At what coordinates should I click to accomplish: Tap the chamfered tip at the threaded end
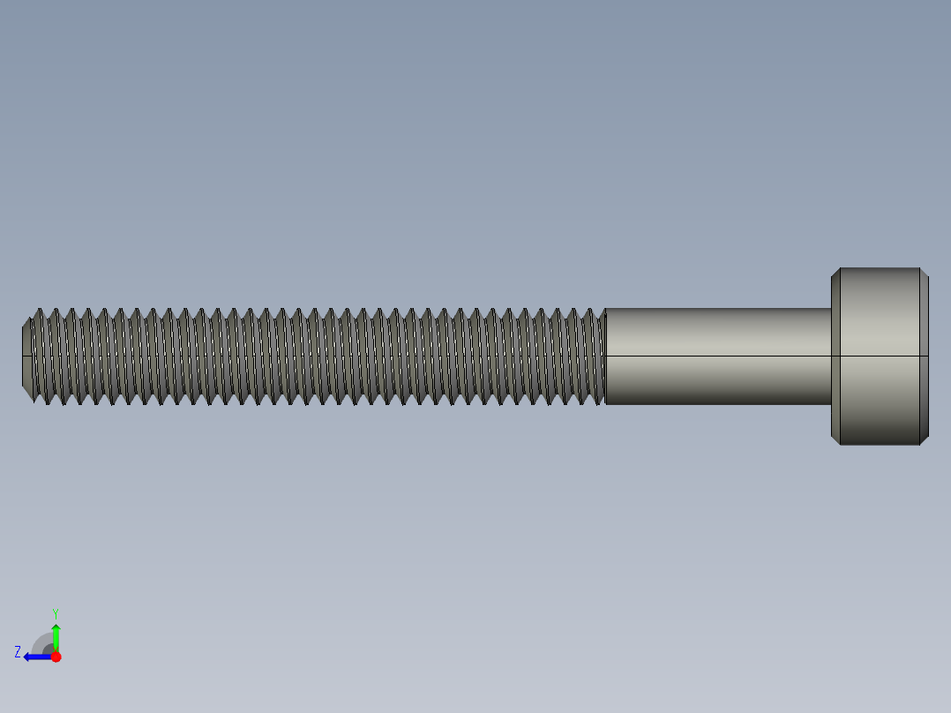coord(26,356)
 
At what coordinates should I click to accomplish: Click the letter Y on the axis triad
coord(55,612)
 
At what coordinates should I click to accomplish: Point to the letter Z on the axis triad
coord(18,651)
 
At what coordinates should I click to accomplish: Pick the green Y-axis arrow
coord(56,635)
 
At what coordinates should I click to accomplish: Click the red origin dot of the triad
coord(56,657)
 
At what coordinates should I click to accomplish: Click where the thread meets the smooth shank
coord(605,356)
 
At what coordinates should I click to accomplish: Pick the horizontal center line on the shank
coord(716,356)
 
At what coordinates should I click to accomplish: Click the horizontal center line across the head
coord(880,356)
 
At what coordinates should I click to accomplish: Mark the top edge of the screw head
coord(880,268)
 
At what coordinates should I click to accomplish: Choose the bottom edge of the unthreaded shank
coord(716,404)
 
